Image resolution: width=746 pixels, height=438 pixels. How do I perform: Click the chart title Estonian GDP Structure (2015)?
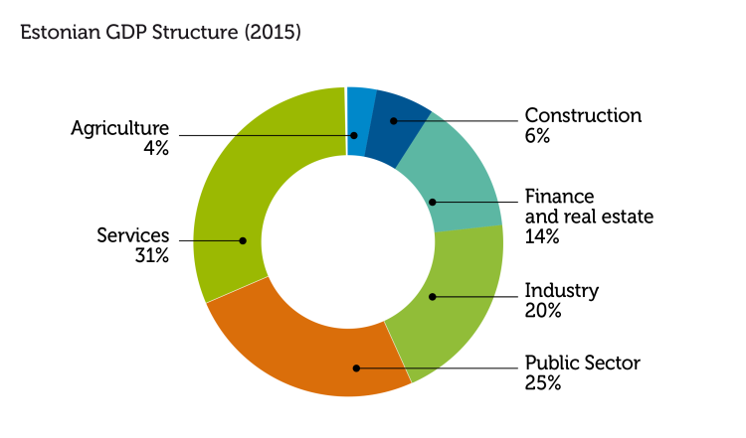coord(160,33)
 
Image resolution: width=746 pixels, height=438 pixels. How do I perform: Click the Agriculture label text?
coord(119,128)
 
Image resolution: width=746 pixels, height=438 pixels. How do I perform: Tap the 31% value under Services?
coord(152,255)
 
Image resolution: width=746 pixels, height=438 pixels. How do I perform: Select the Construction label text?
coord(583,116)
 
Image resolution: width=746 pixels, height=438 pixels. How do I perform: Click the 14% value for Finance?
coord(542,236)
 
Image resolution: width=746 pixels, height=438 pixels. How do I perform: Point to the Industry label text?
coord(561,291)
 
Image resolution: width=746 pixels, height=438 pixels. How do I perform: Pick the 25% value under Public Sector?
coord(542,382)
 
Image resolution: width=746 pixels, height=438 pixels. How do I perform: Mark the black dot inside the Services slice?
coord(243,240)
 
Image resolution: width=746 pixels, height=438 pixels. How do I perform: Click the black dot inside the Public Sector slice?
coord(356,367)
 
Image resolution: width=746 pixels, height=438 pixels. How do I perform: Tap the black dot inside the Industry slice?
coord(432,296)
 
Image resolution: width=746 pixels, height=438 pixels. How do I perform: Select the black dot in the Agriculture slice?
coord(352,136)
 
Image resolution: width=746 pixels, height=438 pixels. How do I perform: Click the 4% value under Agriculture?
coord(156,148)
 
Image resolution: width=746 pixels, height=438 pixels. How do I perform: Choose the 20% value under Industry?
coord(543,311)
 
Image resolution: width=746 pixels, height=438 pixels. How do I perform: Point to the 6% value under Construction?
coord(537,136)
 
